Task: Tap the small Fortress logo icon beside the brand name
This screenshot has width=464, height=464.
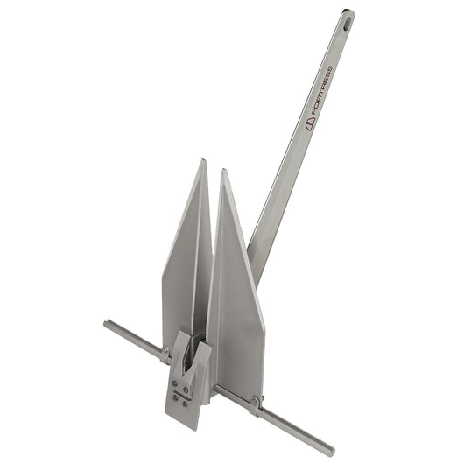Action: (309, 123)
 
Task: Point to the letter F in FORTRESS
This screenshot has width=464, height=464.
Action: (313, 115)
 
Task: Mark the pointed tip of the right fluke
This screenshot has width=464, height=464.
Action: (224, 172)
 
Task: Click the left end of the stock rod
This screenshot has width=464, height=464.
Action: (107, 324)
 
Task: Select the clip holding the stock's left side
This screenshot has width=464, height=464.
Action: (165, 355)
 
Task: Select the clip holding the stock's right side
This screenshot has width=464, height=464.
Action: (254, 405)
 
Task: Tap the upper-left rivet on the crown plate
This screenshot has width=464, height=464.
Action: (173, 381)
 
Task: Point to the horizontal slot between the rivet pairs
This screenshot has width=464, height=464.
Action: (179, 392)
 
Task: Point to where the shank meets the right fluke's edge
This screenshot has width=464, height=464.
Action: (250, 254)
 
